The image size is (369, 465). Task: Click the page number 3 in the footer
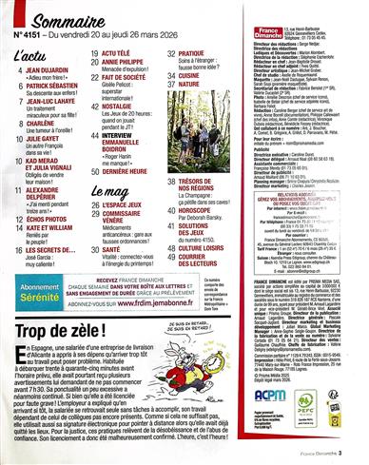[361, 458]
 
